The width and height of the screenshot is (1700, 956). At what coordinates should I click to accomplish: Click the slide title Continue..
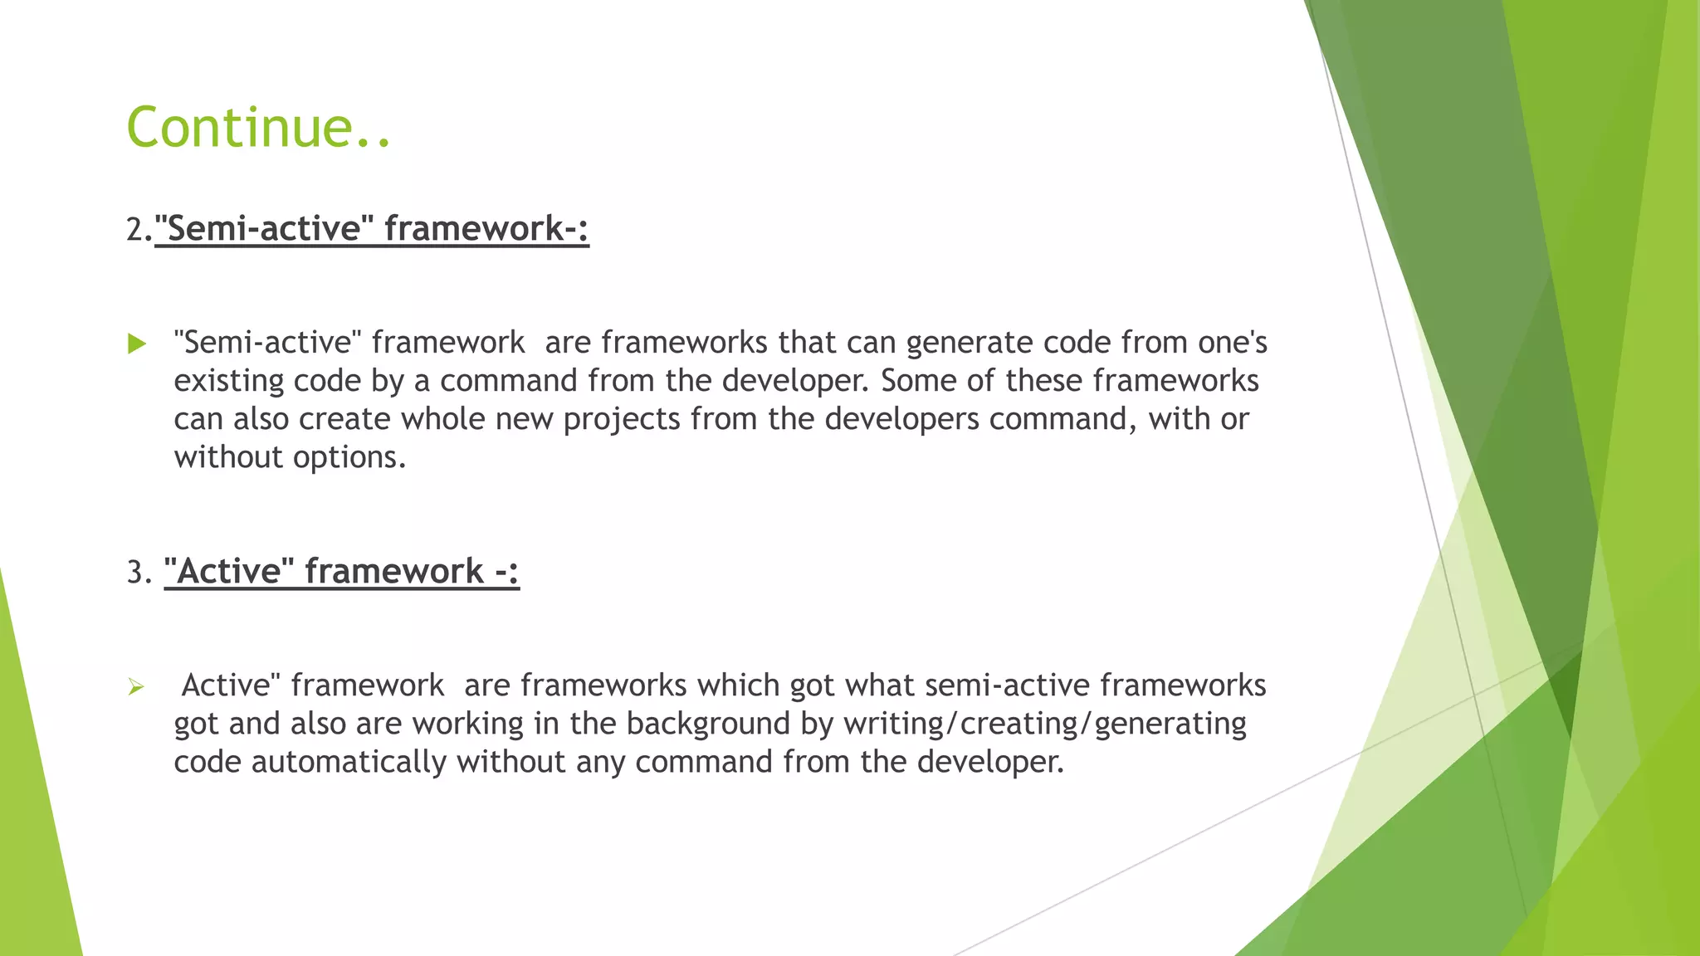[258, 128]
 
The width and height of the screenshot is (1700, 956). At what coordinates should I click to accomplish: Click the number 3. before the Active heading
[139, 573]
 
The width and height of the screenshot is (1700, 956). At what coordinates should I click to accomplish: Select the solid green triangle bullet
[137, 344]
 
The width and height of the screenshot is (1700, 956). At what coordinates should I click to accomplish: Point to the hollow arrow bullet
[136, 687]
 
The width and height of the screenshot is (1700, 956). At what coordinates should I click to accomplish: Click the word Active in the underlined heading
[230, 572]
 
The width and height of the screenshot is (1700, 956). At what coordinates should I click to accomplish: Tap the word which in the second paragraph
[738, 685]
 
